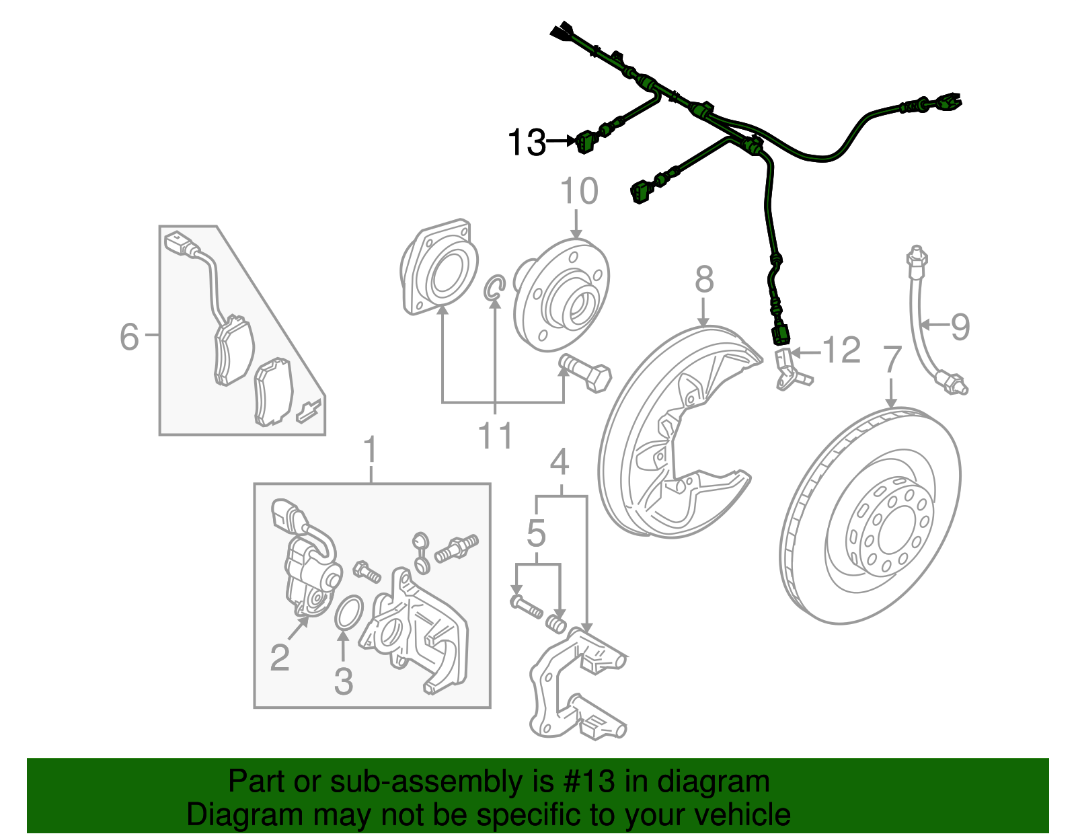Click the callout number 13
tap(526, 143)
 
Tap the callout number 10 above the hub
tap(578, 192)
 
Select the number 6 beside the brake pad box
tap(129, 336)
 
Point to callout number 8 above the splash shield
tap(703, 278)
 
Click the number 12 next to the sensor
tap(841, 350)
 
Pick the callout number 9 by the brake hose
tap(960, 327)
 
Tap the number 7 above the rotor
tap(891, 360)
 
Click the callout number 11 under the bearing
tap(495, 436)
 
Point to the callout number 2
tap(280, 657)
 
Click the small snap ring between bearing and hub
tap(494, 288)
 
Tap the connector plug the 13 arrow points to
tap(584, 143)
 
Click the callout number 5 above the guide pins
tap(536, 533)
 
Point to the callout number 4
tap(560, 462)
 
